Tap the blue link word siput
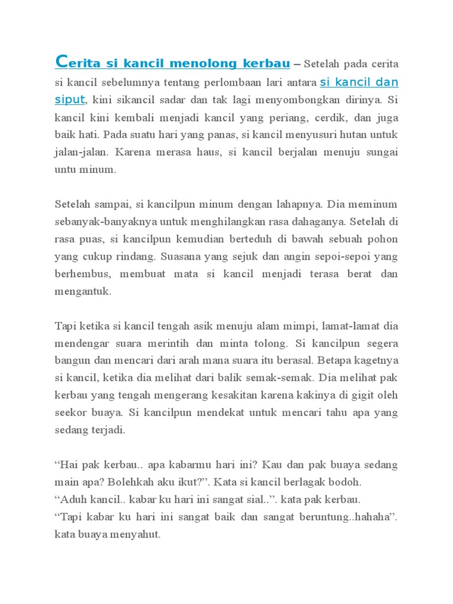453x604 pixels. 70,100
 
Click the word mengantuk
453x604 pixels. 83,291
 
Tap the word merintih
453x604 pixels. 180,343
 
